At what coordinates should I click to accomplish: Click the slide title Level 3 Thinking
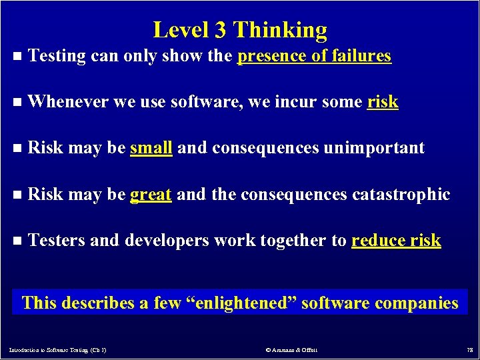pyautogui.click(x=240, y=30)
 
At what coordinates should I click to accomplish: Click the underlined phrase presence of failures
pyautogui.click(x=314, y=56)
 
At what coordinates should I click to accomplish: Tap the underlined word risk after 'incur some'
pyautogui.click(x=383, y=102)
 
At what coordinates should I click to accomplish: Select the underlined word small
pyautogui.click(x=151, y=148)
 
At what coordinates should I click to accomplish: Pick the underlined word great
pyautogui.click(x=151, y=195)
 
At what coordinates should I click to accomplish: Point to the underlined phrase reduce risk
pyautogui.click(x=396, y=241)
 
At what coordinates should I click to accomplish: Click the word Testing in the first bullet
pyautogui.click(x=58, y=57)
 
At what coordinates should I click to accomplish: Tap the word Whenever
pyautogui.click(x=69, y=102)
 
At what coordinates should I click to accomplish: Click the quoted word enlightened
pyautogui.click(x=241, y=303)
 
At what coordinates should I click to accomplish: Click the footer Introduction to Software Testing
pyautogui.click(x=57, y=350)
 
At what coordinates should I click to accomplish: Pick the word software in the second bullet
pyautogui.click(x=197, y=102)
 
